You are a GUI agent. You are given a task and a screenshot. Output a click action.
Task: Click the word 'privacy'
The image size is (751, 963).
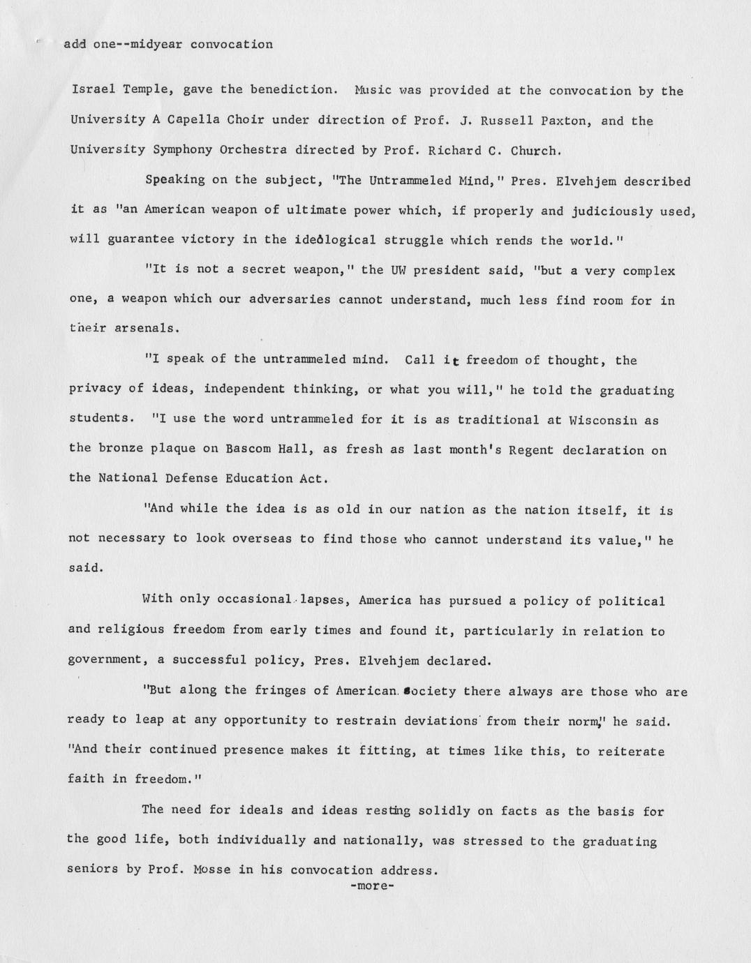coord(96,389)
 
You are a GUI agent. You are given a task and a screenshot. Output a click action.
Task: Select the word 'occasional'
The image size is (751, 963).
coord(253,599)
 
